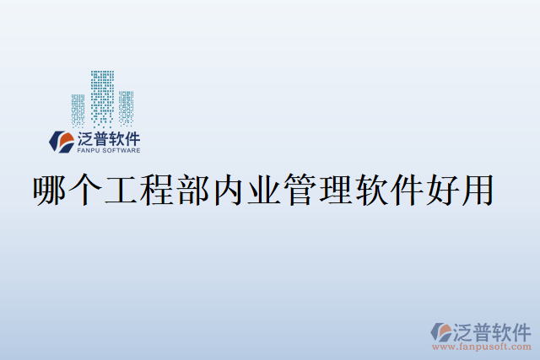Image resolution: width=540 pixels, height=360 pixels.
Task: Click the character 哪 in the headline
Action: pos(49,191)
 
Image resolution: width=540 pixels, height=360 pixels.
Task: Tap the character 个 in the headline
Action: pos(84,191)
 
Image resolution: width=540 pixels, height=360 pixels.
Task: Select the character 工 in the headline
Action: pos(121,191)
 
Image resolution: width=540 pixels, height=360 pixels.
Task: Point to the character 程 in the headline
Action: pos(157,191)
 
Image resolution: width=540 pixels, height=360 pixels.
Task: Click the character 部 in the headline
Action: pos(193,191)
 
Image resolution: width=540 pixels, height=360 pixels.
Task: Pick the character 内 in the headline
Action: pos(229,191)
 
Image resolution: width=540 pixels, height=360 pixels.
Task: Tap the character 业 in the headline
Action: pos(266,191)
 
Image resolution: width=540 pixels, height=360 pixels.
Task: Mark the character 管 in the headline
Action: pos(302,191)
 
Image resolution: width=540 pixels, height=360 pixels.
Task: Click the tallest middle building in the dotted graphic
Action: pos(102,96)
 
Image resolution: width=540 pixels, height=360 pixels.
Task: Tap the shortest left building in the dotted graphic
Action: pos(78,110)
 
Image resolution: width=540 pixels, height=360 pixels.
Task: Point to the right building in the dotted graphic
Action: pos(126,107)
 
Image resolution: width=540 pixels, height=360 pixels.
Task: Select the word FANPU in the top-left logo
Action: pos(88,152)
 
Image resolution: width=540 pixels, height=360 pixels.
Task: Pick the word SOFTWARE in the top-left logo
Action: pos(121,152)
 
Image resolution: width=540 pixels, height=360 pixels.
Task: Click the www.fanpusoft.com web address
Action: pos(482,346)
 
